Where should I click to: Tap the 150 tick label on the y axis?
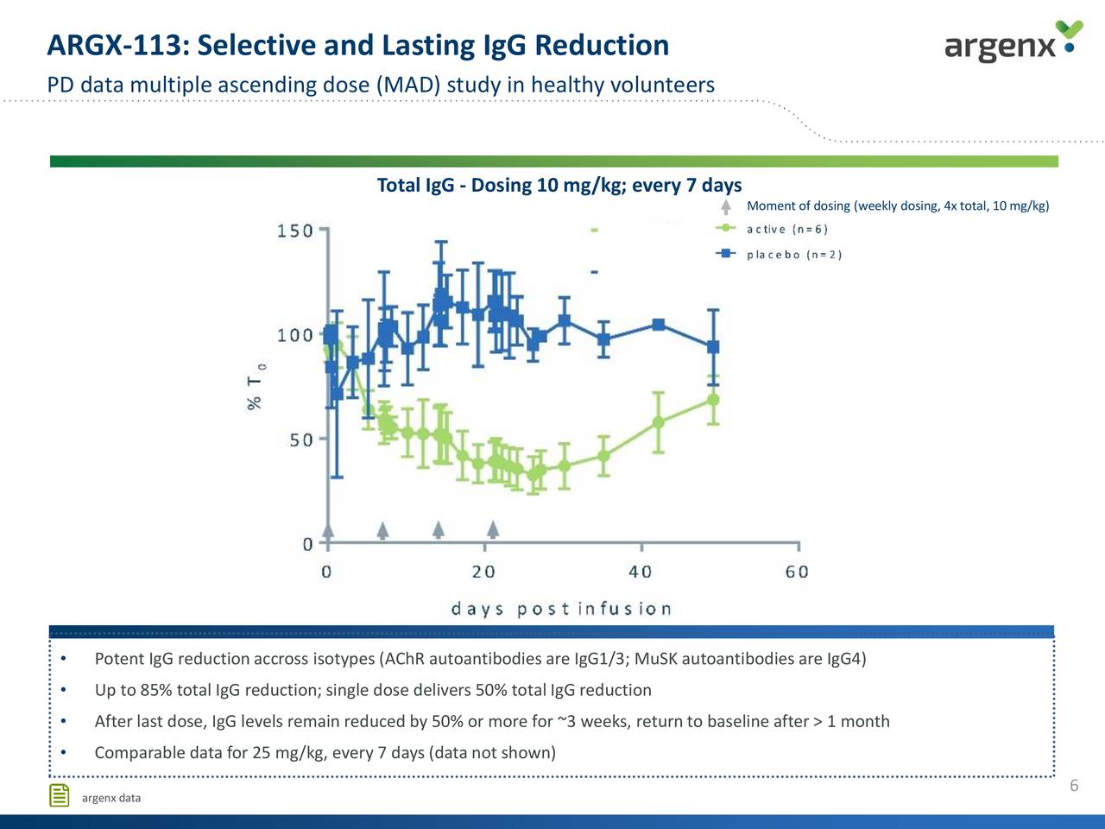point(294,231)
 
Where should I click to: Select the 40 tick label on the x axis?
point(641,572)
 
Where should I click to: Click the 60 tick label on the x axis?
point(797,572)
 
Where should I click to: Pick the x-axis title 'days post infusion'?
point(561,609)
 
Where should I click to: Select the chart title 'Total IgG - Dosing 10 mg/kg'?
point(559,186)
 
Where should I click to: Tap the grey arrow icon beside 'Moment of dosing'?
point(727,206)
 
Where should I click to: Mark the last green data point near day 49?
point(713,399)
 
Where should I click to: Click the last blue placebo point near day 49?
point(713,346)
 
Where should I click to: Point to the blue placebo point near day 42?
point(659,325)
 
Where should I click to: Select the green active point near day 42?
point(659,422)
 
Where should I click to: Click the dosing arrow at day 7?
point(383,529)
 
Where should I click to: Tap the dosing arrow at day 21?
point(493,528)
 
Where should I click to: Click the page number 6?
point(1074,785)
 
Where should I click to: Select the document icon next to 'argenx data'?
point(60,795)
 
